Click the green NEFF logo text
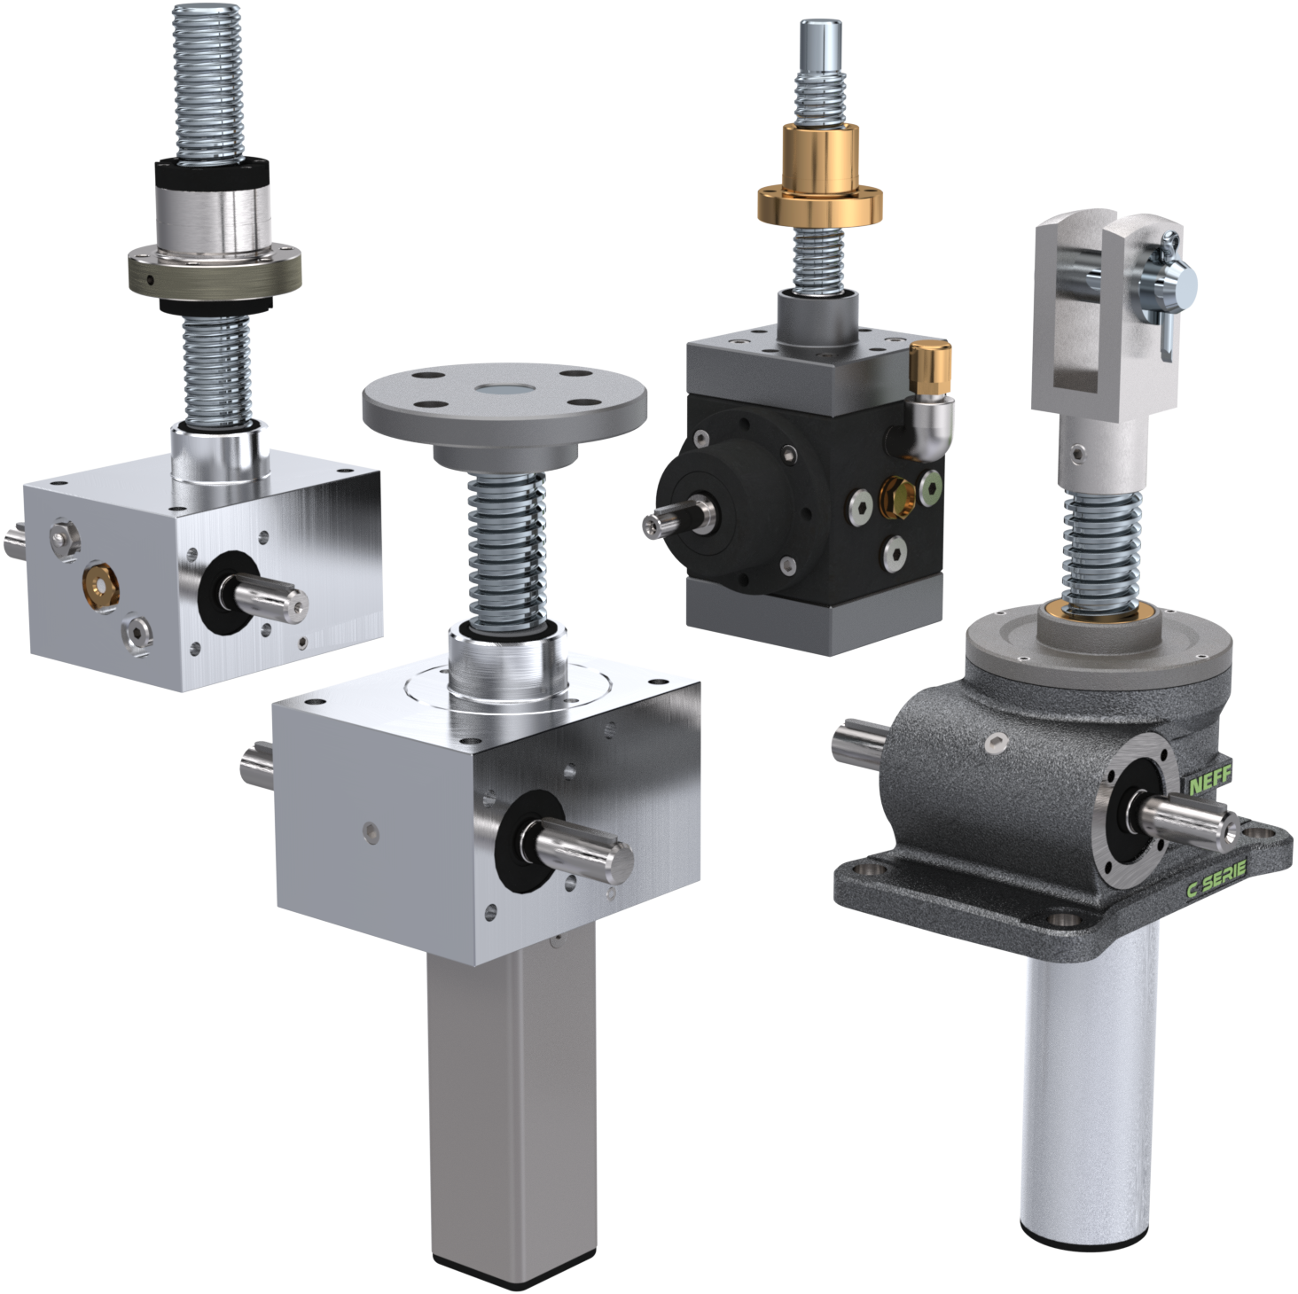click(x=1209, y=784)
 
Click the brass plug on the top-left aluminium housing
click(x=98, y=588)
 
